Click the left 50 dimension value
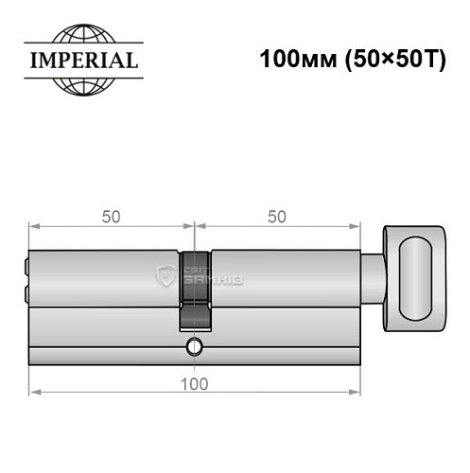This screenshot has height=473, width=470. coord(111,216)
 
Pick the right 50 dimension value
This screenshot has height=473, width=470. coord(277,216)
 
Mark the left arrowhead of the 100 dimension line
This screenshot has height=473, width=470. coord(33,389)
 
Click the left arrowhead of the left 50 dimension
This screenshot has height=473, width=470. coord(33,227)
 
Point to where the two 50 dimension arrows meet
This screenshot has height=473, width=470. coord(194,227)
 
